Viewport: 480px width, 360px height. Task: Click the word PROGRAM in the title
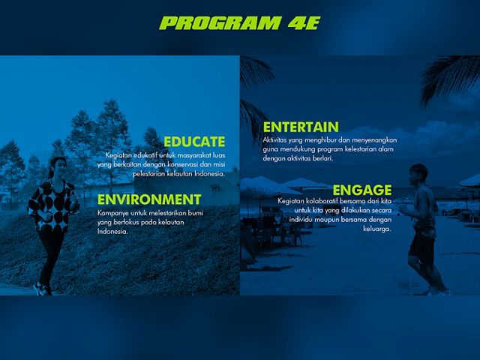tap(220, 23)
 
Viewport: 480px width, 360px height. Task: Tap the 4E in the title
tap(304, 23)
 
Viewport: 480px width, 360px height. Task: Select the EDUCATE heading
tap(194, 142)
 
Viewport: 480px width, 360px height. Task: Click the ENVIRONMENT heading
tap(149, 199)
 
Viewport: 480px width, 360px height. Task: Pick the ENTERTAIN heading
tap(301, 127)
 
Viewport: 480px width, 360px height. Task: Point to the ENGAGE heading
tap(362, 190)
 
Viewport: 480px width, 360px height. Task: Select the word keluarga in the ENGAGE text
tap(377, 229)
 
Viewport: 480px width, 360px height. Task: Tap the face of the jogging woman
tap(61, 166)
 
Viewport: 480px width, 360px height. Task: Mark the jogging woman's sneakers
tap(43, 289)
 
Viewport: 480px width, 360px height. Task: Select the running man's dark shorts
tap(422, 245)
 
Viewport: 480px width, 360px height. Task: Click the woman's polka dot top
tap(52, 205)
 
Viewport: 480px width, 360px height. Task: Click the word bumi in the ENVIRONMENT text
tap(195, 213)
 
